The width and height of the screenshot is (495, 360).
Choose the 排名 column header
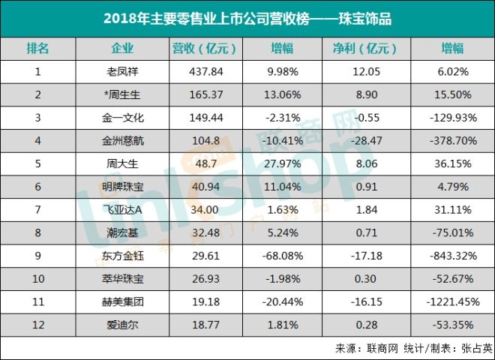click(x=37, y=49)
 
